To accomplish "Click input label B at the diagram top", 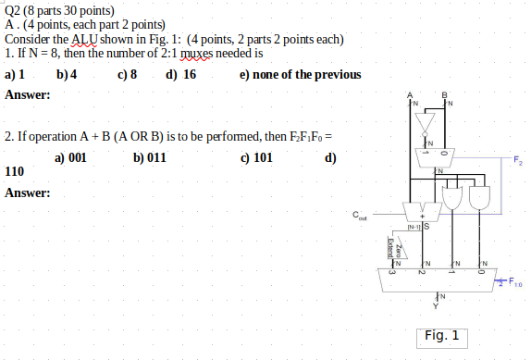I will pyautogui.click(x=445, y=93).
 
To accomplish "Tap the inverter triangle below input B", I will pyautogui.click(x=426, y=123).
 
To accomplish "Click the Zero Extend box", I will pyautogui.click(x=390, y=249).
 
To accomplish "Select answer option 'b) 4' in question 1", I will pyautogui.click(x=67, y=74).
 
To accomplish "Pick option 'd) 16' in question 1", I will pyautogui.click(x=180, y=74).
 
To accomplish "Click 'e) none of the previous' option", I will pyautogui.click(x=300, y=74).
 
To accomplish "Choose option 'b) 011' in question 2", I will pyautogui.click(x=149, y=157).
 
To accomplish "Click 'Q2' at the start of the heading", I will pyautogui.click(x=13, y=10).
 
